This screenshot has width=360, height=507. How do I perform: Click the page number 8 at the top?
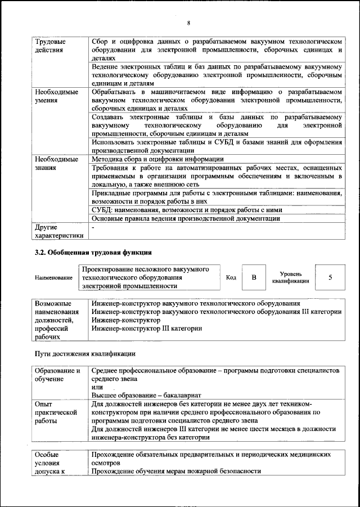(188, 23)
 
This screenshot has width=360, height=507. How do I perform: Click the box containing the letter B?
(254, 277)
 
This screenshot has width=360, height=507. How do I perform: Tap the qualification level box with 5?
(330, 277)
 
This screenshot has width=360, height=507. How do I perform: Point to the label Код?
(231, 277)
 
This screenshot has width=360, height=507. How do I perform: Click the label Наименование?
(53, 278)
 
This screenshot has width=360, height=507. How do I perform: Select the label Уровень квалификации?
(290, 277)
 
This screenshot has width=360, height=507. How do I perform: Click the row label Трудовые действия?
(50, 46)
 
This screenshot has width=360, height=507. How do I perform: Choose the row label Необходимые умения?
(56, 96)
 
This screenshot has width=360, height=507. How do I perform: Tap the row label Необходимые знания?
(56, 164)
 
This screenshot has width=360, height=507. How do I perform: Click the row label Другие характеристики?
(58, 231)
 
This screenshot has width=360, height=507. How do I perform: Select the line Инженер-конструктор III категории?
(147, 328)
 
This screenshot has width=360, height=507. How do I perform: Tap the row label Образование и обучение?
(58, 375)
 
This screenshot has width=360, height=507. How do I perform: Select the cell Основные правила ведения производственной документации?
(193, 218)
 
